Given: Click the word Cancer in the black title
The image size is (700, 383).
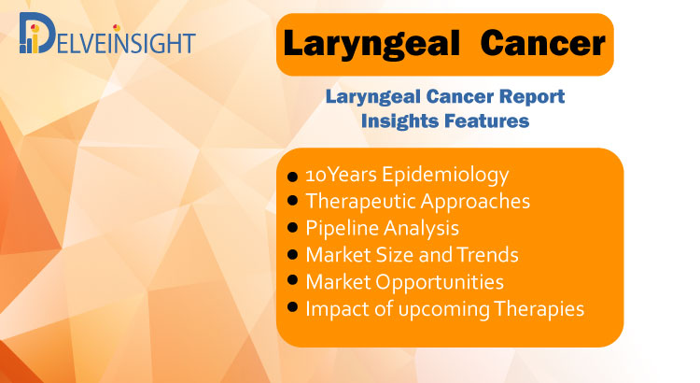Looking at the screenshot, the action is click(543, 43).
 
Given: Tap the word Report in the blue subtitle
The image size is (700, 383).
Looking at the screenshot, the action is click(532, 97).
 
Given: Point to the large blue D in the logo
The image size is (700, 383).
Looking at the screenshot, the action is click(38, 33).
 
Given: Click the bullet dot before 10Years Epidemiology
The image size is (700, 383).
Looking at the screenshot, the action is click(292, 177).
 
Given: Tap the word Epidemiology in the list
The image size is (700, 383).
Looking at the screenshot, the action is click(445, 176).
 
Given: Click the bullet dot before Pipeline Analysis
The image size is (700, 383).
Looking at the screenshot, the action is click(292, 228).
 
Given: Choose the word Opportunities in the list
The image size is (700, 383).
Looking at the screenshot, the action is click(440, 283).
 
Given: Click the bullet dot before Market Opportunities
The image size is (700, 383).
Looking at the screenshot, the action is click(292, 280).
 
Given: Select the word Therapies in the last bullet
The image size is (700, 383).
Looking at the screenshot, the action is click(539, 310).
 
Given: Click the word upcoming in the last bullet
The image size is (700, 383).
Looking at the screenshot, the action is click(443, 310).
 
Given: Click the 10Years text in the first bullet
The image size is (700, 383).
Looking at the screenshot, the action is click(342, 175).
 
